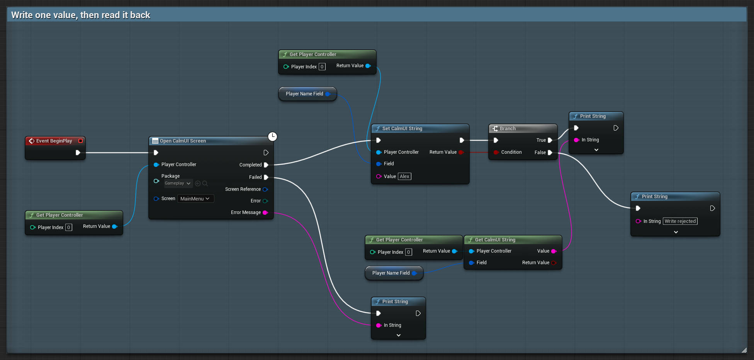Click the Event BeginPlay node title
54,141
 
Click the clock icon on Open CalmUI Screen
273,136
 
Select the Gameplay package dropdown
178,183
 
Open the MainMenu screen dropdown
195,199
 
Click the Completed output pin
266,165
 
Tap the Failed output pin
266,177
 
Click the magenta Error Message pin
265,212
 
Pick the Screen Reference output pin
265,189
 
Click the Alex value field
404,177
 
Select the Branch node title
508,129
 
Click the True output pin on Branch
550,140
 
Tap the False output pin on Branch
550,153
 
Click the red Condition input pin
496,152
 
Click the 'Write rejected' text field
680,221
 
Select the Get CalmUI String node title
495,240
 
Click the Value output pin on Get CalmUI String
554,251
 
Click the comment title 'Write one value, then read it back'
81,15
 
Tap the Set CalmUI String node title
402,129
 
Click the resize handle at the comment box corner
744,350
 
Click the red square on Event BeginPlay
80,141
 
